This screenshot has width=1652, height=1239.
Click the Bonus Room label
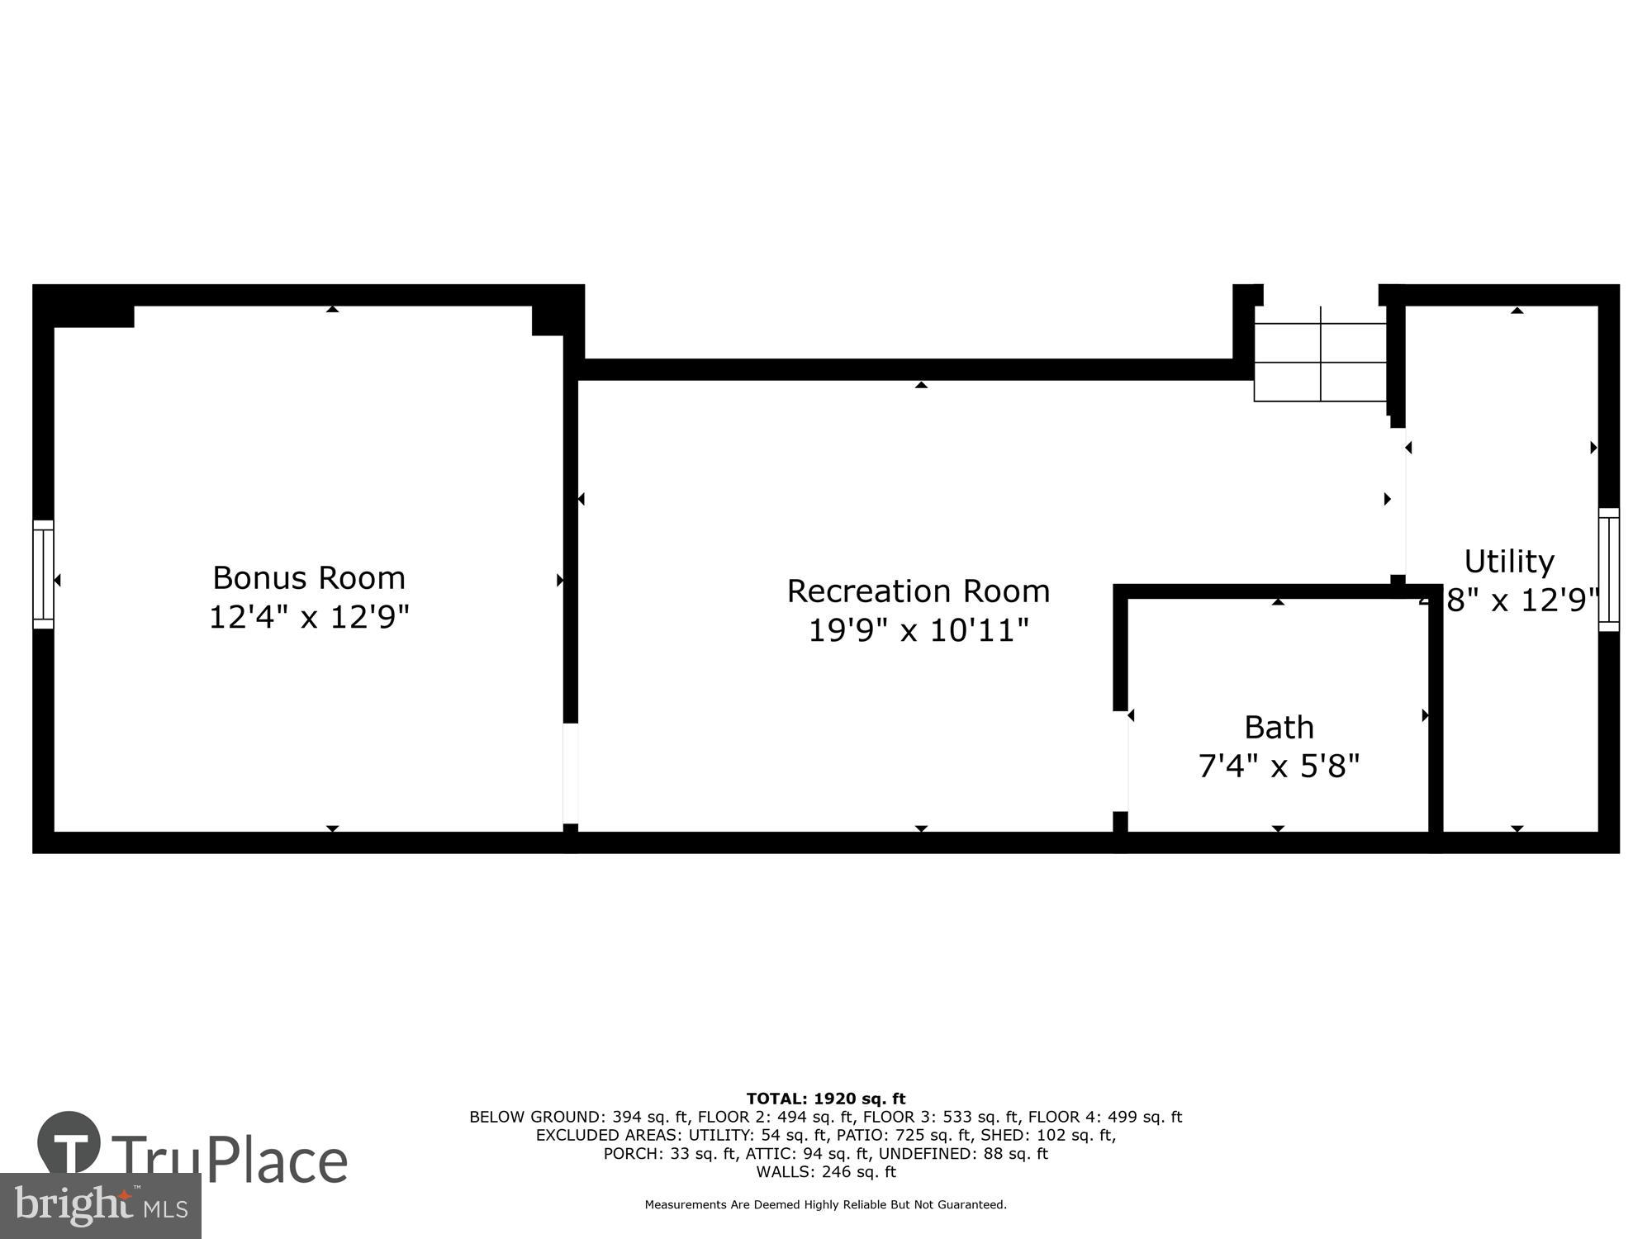[x=309, y=577]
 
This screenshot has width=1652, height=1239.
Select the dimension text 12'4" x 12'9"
[x=309, y=617]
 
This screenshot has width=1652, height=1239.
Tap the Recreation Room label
[x=918, y=591]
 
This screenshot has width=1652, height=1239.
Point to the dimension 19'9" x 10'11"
[x=918, y=631]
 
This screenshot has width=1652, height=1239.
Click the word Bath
[x=1279, y=728]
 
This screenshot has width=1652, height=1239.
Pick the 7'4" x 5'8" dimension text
[x=1279, y=767]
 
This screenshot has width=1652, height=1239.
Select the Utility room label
[x=1509, y=562]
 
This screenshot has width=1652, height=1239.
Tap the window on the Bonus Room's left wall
[x=43, y=574]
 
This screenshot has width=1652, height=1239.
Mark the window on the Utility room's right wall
[x=1608, y=570]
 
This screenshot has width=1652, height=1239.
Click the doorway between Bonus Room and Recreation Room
[x=571, y=773]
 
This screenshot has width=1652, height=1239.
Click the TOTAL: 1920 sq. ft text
[x=826, y=1099]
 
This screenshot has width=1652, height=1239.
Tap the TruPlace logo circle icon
[x=69, y=1143]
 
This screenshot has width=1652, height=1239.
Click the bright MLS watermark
[x=101, y=1206]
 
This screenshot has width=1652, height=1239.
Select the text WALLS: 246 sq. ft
[x=826, y=1171]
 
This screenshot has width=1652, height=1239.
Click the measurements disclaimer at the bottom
[x=826, y=1205]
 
